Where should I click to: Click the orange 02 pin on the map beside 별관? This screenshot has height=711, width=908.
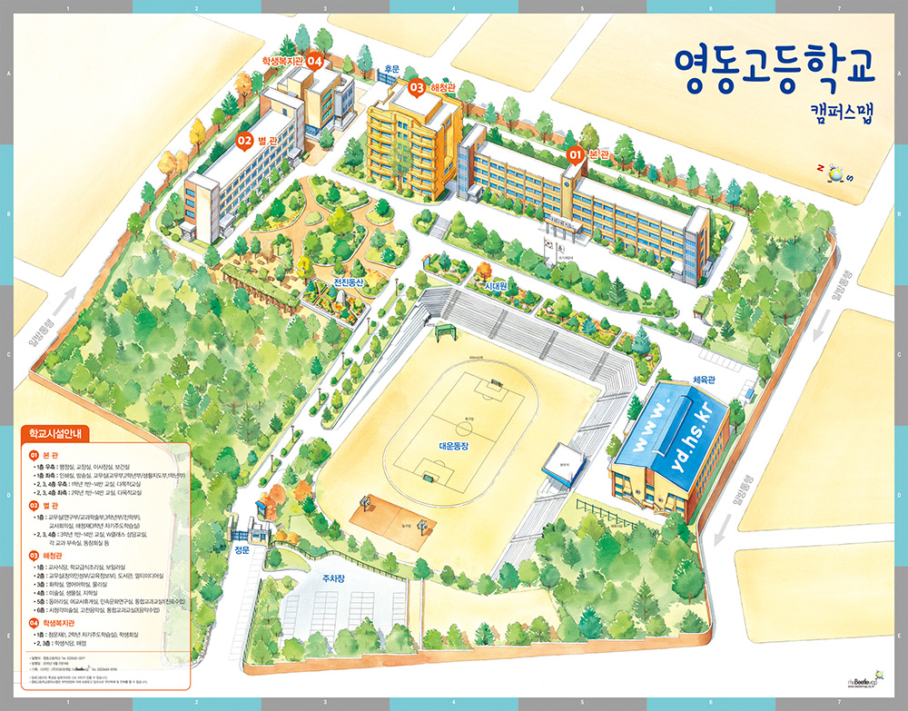(x=243, y=141)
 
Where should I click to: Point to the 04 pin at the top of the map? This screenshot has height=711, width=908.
(x=314, y=61)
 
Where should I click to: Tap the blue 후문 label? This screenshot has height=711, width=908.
(x=392, y=69)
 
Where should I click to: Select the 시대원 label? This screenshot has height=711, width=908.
(x=496, y=284)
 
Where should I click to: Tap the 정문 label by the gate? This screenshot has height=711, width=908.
(x=242, y=549)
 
